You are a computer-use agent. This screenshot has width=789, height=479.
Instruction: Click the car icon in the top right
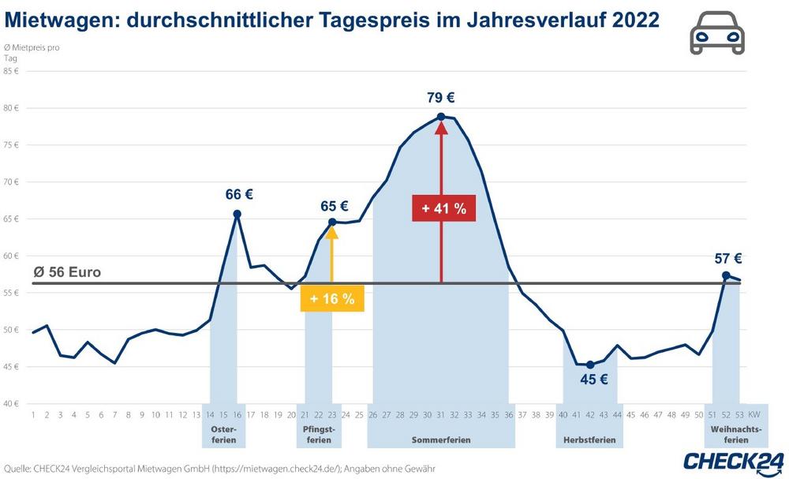click(x=716, y=34)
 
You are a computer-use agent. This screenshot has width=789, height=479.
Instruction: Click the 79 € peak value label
click(x=441, y=99)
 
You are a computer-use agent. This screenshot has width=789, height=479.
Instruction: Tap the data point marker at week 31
click(x=441, y=117)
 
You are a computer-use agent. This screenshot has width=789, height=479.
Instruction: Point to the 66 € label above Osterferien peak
click(x=238, y=195)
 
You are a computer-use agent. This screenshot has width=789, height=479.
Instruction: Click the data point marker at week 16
click(x=237, y=213)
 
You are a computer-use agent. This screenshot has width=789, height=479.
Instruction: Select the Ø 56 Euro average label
click(x=68, y=273)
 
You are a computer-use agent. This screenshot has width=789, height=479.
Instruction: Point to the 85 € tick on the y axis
click(x=11, y=71)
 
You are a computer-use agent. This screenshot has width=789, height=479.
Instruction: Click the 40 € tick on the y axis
click(x=11, y=403)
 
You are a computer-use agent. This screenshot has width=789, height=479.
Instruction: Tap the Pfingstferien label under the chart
click(x=319, y=434)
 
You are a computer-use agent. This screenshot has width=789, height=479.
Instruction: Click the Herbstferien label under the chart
click(x=589, y=439)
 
